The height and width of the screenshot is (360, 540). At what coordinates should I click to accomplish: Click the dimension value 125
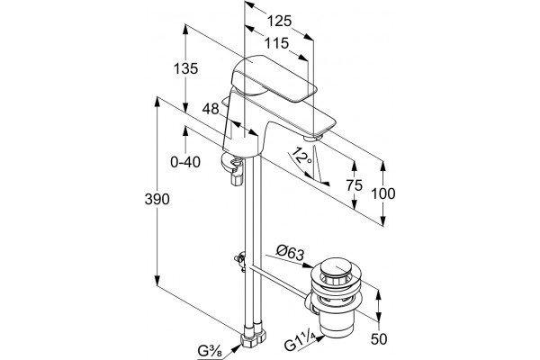(279, 22)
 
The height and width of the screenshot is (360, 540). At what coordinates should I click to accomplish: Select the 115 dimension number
(276, 43)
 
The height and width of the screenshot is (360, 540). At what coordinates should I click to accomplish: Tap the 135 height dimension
(185, 68)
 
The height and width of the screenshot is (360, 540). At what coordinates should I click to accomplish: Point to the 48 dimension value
(211, 109)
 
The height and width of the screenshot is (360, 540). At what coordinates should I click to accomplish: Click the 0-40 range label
(185, 162)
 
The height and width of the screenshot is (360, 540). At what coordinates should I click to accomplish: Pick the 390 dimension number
(157, 199)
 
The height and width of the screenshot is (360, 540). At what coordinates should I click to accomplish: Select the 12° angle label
(299, 156)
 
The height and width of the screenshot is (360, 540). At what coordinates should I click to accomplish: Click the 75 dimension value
(355, 185)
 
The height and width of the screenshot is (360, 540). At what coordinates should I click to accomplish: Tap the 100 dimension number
(383, 193)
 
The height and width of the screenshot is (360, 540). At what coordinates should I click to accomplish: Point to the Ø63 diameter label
(291, 253)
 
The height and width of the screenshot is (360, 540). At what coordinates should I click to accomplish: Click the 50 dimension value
(379, 339)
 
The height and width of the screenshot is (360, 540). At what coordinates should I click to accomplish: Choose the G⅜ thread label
(210, 351)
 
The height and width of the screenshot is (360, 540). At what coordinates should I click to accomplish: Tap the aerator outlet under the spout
(313, 138)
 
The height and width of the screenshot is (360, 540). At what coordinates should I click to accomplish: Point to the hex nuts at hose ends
(254, 337)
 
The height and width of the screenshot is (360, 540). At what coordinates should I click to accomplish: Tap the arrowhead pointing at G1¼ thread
(320, 338)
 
